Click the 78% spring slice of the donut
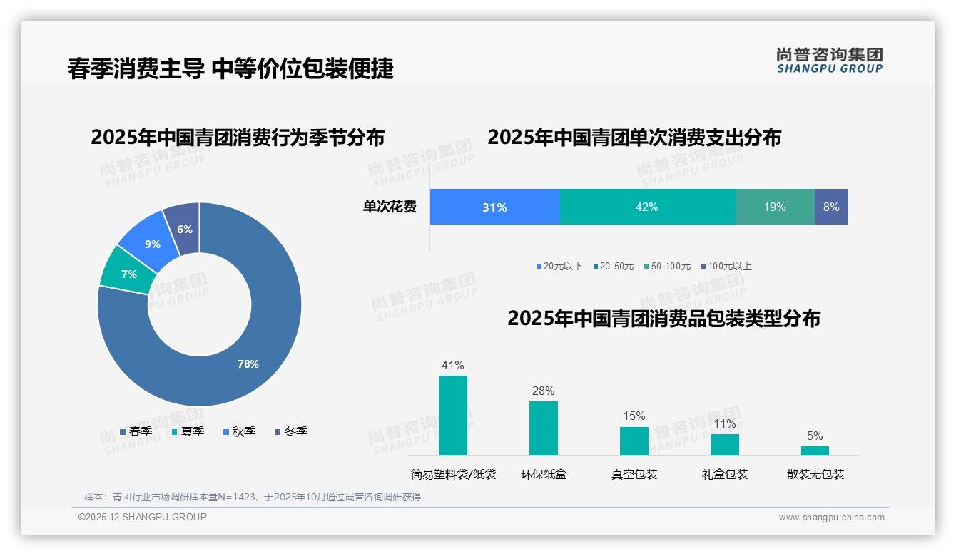coord(243,356)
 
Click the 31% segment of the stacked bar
coord(494,207)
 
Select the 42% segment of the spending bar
coord(647,207)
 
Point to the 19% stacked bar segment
coord(775,207)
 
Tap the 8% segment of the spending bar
coord(831,207)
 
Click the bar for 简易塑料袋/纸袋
coord(453,416)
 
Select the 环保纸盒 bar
coord(544,428)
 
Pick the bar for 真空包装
coord(634,441)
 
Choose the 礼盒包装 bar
coord(725,445)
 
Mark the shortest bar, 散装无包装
coord(815,451)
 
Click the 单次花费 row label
coord(390,207)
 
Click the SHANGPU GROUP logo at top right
coord(829,60)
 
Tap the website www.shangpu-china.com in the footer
coord(831,518)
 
